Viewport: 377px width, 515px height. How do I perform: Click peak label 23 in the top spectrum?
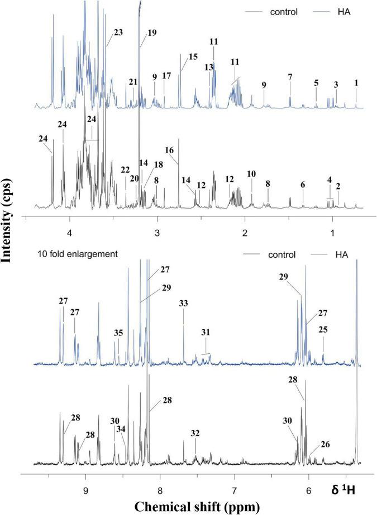[118, 32]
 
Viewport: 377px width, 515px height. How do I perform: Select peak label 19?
[152, 32]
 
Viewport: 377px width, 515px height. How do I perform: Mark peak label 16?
[170, 150]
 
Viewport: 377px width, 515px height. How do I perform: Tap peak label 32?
[195, 433]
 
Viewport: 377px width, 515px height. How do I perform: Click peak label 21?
[133, 82]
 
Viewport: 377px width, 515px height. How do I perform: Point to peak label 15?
[193, 57]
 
